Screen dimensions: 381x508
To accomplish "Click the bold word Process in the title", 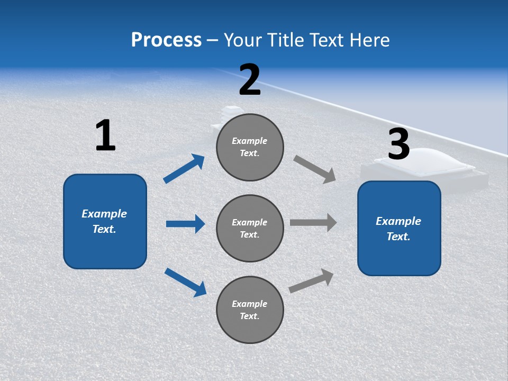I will [166, 40].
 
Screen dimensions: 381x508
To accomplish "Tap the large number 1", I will [105, 135].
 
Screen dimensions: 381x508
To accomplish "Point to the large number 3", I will [398, 144].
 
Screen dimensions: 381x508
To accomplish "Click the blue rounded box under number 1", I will [105, 221].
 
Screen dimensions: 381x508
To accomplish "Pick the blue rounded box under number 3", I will [399, 229].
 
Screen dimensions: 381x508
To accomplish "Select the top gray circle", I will [250, 147].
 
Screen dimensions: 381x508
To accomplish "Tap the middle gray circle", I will [250, 229].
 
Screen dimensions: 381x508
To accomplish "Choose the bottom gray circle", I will [250, 310].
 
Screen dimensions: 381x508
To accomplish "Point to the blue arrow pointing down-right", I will [185, 282].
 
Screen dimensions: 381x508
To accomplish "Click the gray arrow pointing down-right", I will [314, 169].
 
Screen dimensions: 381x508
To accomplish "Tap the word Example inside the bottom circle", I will [249, 304].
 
